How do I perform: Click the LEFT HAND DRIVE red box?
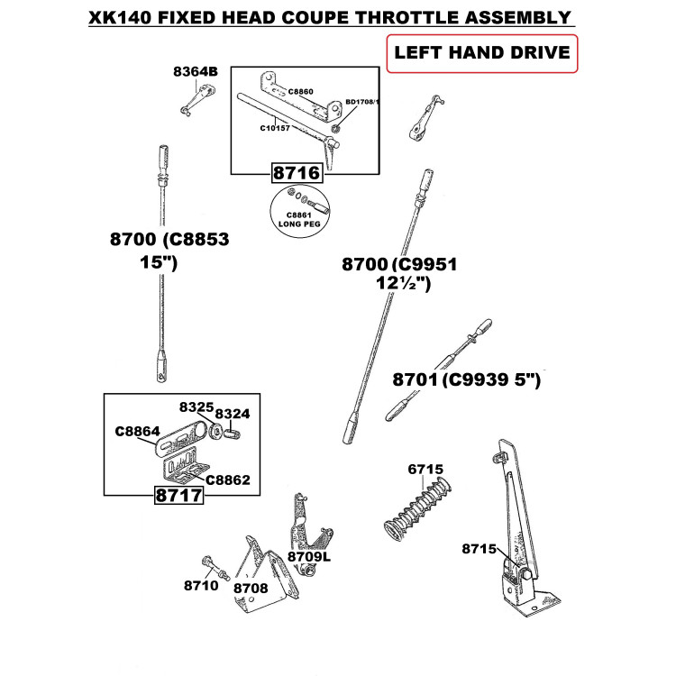480,53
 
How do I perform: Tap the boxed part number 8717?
180,495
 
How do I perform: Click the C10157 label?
275,128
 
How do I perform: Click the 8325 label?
196,407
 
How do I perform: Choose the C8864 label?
136,431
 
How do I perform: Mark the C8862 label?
228,480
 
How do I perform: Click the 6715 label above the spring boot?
425,470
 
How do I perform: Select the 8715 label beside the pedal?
480,548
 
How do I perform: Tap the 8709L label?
310,556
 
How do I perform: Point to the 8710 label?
201,585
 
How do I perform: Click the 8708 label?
251,587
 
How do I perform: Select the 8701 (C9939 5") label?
465,381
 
